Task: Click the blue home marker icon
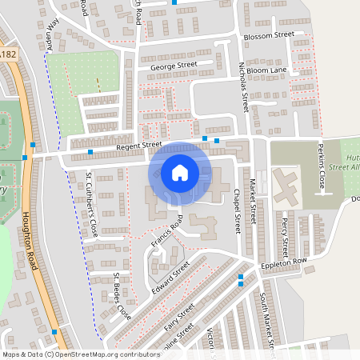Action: [x=180, y=172]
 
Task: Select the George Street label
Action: [x=173, y=65]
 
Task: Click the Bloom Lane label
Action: [x=266, y=71]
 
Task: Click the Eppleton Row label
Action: [x=283, y=263]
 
